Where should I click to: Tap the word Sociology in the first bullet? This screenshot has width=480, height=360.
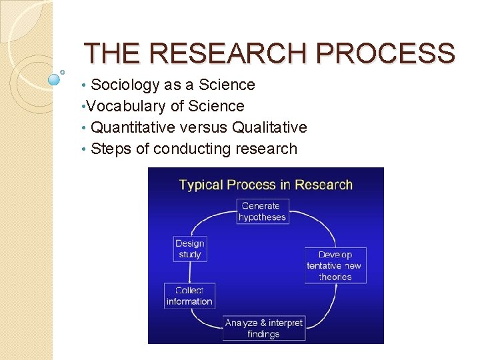pos(123,85)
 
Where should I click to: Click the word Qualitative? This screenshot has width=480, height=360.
pos(268,127)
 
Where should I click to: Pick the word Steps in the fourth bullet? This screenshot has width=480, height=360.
pos(111,149)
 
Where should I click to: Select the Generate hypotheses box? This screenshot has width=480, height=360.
pos(263,211)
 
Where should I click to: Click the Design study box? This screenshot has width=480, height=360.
pos(190,249)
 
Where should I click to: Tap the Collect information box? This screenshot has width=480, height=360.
pos(189,296)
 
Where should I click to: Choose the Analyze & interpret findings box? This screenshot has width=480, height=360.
pos(263,328)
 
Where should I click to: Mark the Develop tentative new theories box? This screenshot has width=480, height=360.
pos(334,265)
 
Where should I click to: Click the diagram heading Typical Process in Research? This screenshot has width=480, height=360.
pos(265,185)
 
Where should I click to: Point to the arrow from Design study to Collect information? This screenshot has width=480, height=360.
pos(190,272)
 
